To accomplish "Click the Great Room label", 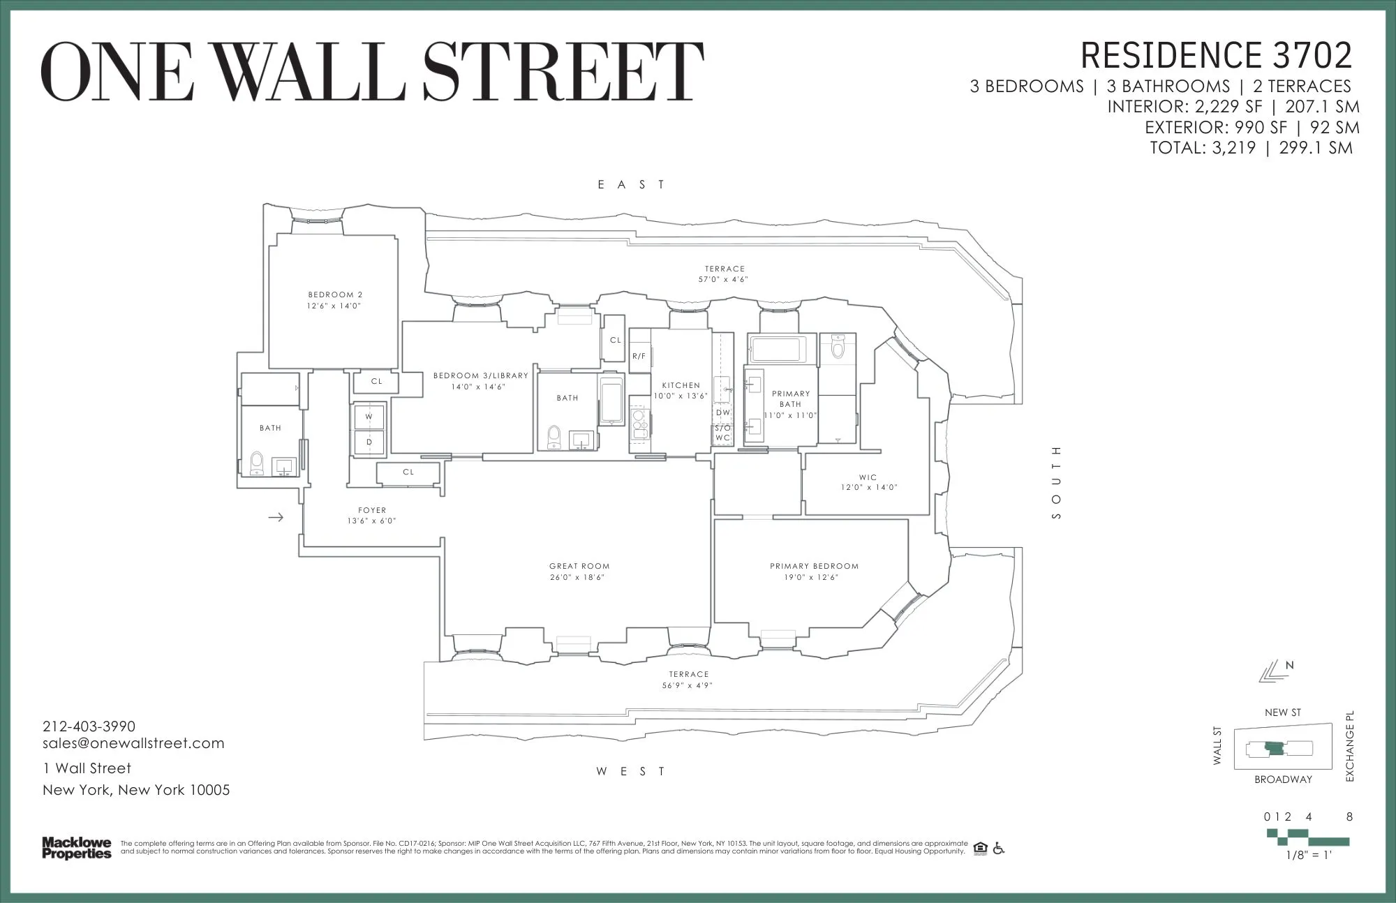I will (579, 566).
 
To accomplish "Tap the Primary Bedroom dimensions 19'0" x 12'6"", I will (814, 577).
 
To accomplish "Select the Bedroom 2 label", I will (335, 294).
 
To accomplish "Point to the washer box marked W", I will (369, 417).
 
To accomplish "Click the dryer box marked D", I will (369, 442).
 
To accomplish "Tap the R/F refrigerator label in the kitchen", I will (639, 356).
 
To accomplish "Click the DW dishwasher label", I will (722, 412).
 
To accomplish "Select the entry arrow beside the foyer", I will (276, 517).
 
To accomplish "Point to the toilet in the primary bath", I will (838, 346).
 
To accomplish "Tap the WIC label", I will (868, 477).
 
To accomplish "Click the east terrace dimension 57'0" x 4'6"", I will (725, 279).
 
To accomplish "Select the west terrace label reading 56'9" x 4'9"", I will (688, 685).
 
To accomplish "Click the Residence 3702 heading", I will (1216, 56).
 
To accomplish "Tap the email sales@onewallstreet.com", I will (133, 743).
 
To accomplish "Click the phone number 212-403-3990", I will (89, 726).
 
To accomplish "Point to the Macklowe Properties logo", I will (77, 848).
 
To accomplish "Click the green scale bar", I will (1307, 837).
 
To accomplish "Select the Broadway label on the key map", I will (1283, 779).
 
